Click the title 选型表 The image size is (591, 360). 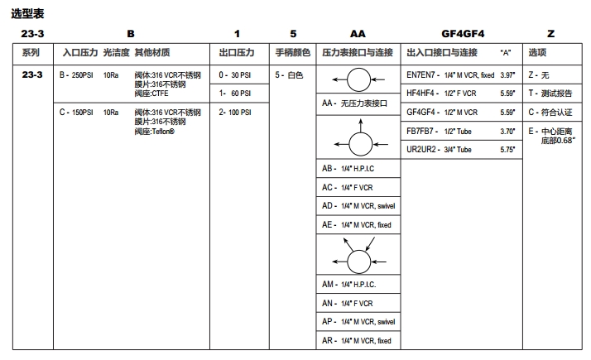pos(27,14)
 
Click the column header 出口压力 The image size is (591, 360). pos(237,53)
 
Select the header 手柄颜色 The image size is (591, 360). pos(293,53)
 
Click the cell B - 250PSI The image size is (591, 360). pos(75,75)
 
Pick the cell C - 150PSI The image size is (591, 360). pos(75,112)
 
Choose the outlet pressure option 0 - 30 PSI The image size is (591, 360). pos(235,75)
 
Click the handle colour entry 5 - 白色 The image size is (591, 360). pos(290,75)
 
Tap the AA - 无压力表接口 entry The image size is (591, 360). pos(354,103)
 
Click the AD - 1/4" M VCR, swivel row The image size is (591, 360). pos(358,205)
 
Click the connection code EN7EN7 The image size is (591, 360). pos(423,75)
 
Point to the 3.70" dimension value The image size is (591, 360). pos(507,131)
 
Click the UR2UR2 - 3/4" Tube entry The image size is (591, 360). pos(440,150)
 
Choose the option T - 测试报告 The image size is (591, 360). pos(549,94)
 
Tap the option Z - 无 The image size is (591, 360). pos(539,75)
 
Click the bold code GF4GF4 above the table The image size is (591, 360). pos(463,34)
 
